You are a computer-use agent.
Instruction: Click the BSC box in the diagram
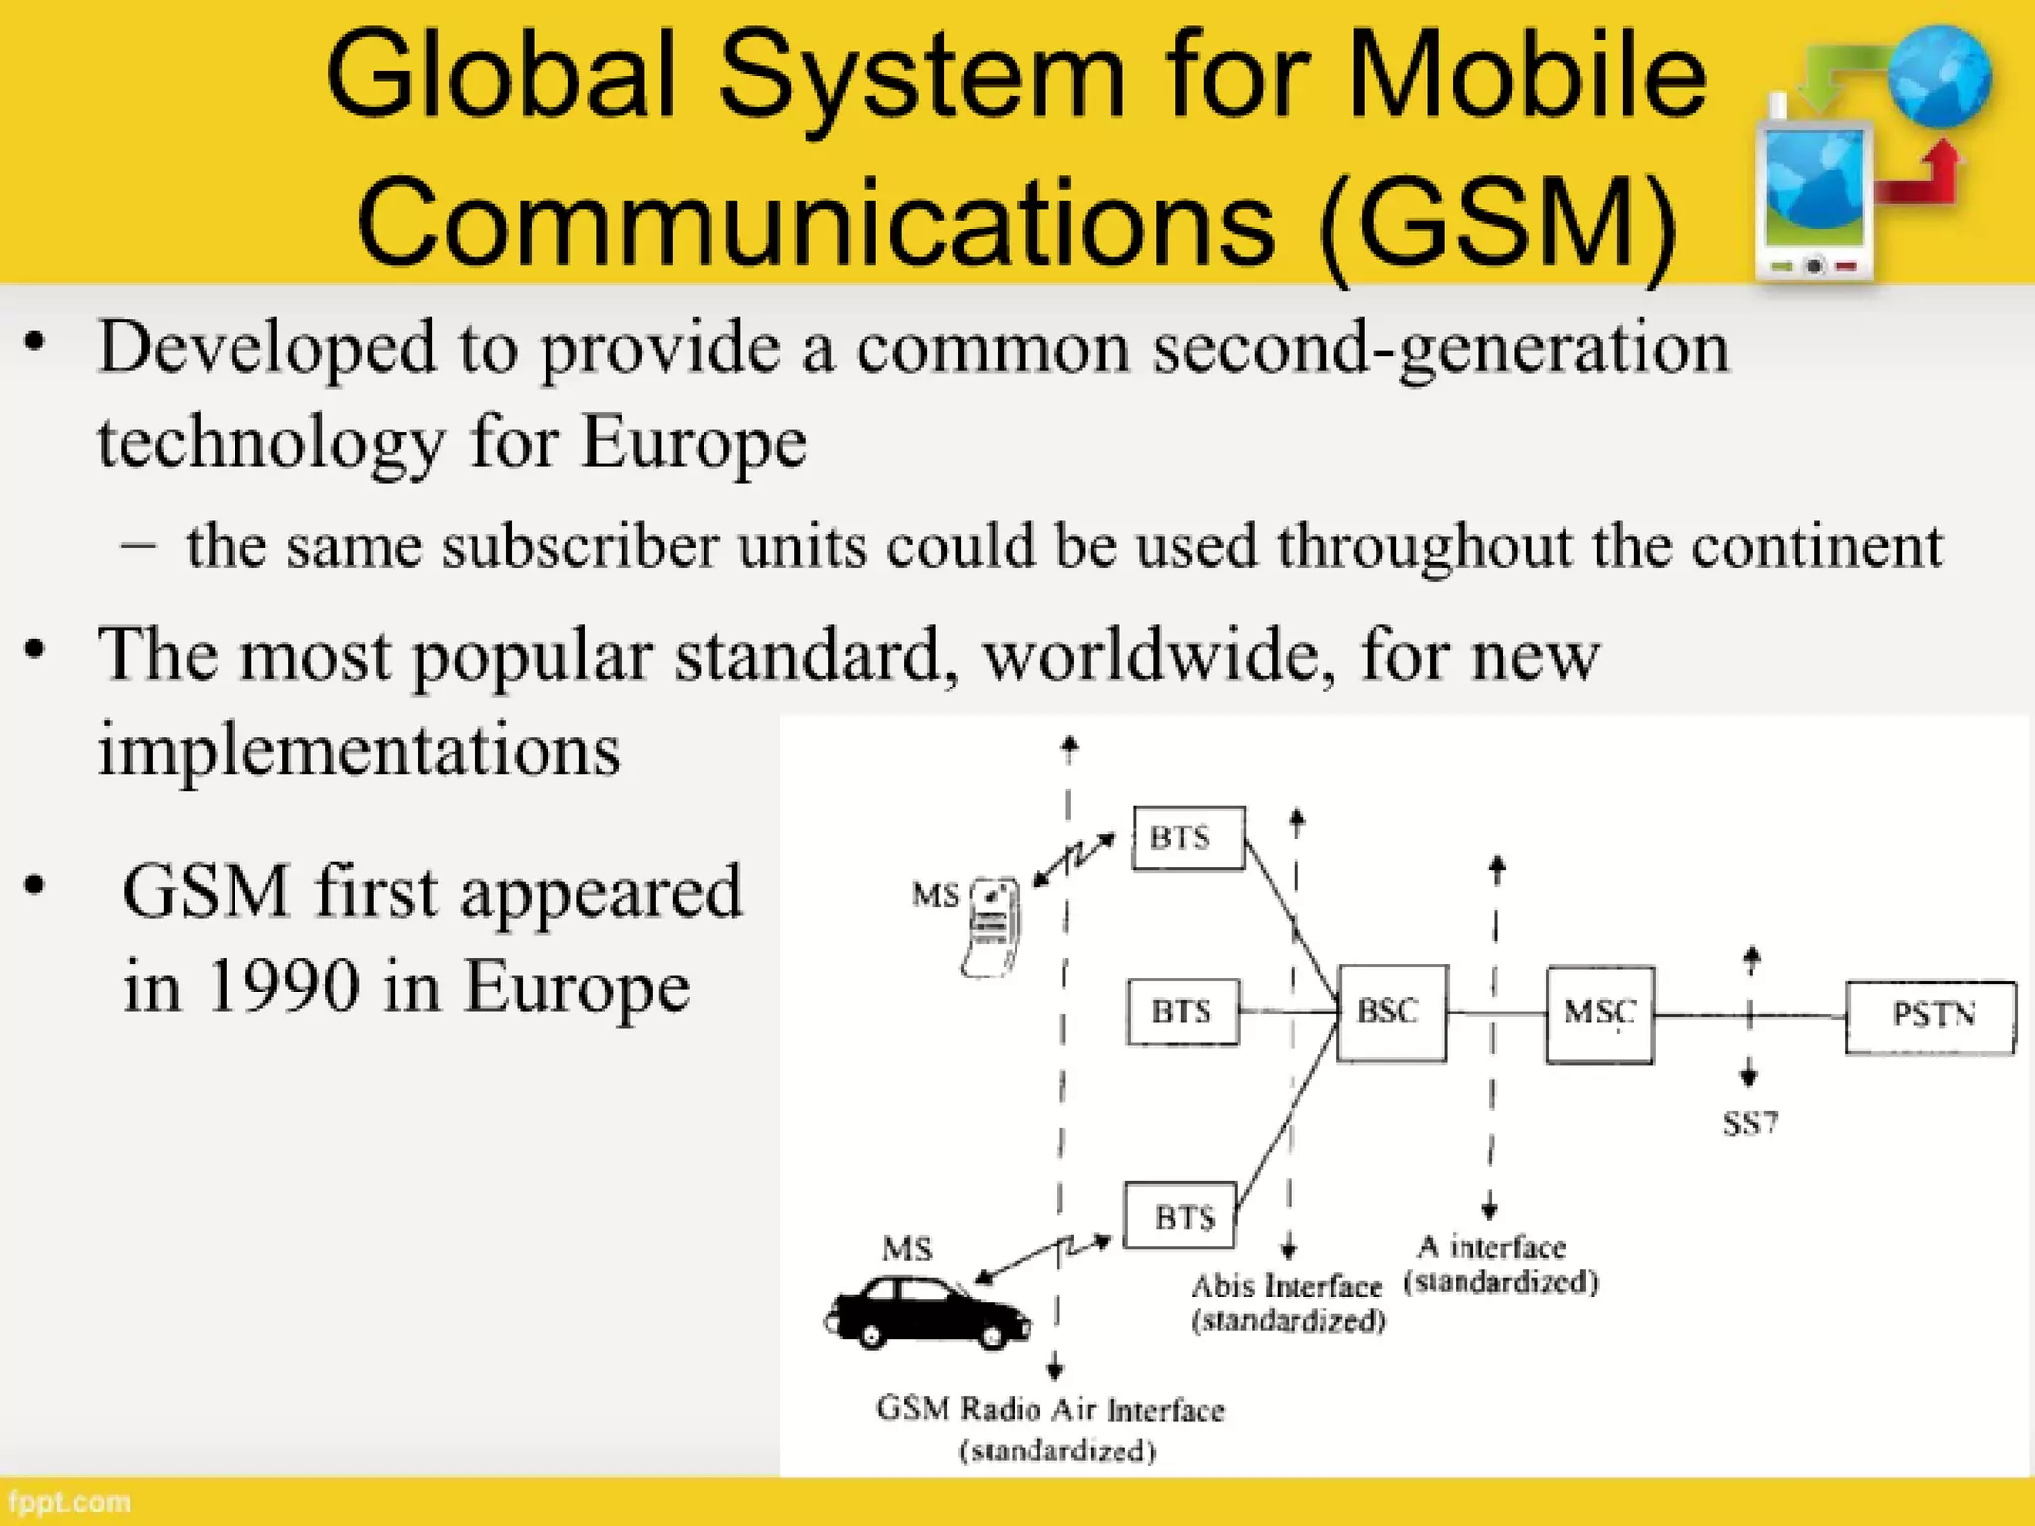click(1391, 1012)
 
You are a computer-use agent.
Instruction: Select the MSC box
click(1600, 1013)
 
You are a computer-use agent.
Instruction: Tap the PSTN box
click(1931, 1015)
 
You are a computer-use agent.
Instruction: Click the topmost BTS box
click(1187, 839)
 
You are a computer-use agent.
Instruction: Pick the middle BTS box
click(1182, 1011)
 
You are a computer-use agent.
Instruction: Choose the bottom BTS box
click(1180, 1215)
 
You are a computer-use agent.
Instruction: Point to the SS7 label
click(1750, 1124)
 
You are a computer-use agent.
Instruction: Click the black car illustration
click(926, 1313)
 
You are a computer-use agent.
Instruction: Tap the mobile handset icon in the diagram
click(992, 926)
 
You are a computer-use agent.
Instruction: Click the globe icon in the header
click(1940, 77)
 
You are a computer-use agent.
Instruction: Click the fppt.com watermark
click(70, 1502)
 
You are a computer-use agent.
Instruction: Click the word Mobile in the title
click(1526, 75)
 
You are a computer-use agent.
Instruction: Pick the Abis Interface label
click(1287, 1287)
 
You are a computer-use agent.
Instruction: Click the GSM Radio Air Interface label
click(1050, 1410)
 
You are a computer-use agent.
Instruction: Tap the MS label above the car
click(906, 1248)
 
